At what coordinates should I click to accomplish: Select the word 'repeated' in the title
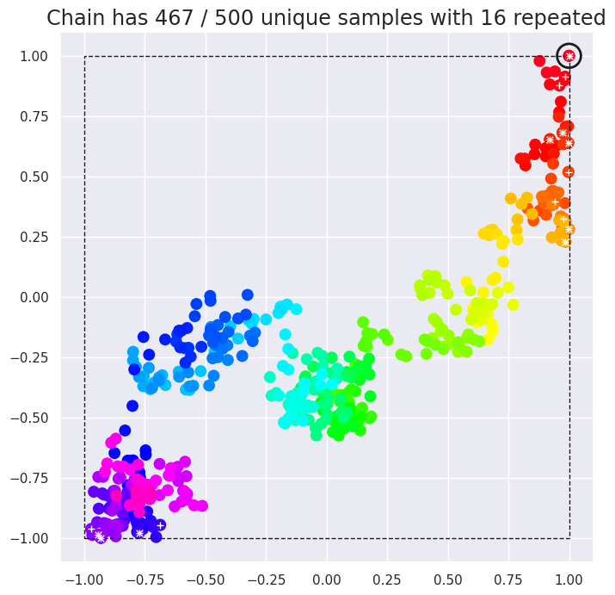(x=563, y=18)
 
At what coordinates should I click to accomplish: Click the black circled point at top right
(x=569, y=56)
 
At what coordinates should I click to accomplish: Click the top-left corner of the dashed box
(x=84, y=56)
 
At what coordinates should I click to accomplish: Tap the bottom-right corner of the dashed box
(x=569, y=538)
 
